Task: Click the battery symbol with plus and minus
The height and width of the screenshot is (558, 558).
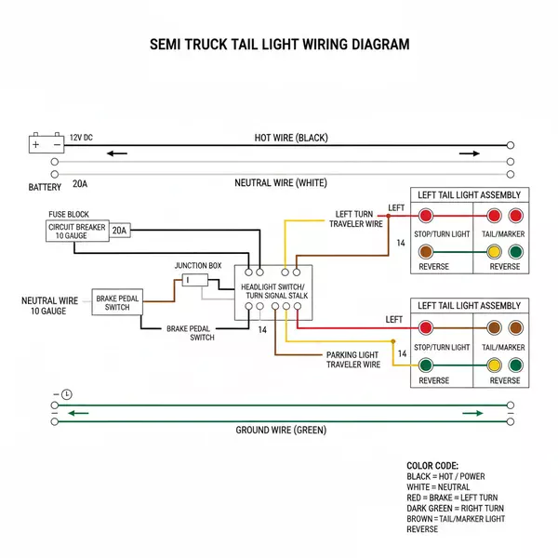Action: pos(46,144)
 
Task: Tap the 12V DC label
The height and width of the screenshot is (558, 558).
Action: pos(81,138)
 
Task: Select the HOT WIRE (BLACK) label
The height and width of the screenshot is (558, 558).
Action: pos(291,138)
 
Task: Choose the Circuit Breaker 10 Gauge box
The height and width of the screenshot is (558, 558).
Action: pos(78,231)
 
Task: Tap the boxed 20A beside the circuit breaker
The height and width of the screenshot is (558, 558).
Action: pos(120,230)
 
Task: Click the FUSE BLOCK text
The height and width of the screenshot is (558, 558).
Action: pos(69,214)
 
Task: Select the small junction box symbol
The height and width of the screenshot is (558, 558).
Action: pos(194,280)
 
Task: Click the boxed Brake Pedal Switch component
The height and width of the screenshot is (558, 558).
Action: pos(117,301)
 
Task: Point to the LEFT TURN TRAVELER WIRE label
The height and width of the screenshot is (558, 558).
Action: pos(354,219)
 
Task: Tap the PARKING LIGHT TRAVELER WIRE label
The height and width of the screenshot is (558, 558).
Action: pos(352,360)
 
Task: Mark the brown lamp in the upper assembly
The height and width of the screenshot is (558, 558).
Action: pos(426,251)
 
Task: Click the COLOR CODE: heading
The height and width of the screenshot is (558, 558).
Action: pos(432,466)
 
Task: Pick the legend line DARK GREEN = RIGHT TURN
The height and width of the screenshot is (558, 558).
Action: pos(456,508)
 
